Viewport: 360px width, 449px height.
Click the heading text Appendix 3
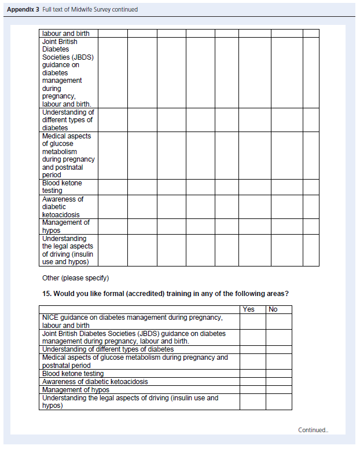pos(23,10)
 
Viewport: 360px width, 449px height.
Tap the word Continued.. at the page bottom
pos(313,430)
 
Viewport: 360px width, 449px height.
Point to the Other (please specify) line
pos(75,278)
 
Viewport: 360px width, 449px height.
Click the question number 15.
pos(47,294)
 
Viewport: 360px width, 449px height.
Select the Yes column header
pos(249,309)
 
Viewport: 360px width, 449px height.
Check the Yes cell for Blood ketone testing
pos(253,374)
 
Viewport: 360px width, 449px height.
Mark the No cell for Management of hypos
pos(278,390)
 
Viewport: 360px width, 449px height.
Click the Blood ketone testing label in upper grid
pos(62,187)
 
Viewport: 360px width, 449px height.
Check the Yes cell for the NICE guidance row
pos(253,322)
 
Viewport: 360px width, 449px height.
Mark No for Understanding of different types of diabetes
pos(278,349)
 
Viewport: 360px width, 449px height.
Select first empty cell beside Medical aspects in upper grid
pos(112,155)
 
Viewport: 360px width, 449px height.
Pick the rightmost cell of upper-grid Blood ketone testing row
pos(311,187)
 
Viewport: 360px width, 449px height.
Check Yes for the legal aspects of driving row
pos(253,401)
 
